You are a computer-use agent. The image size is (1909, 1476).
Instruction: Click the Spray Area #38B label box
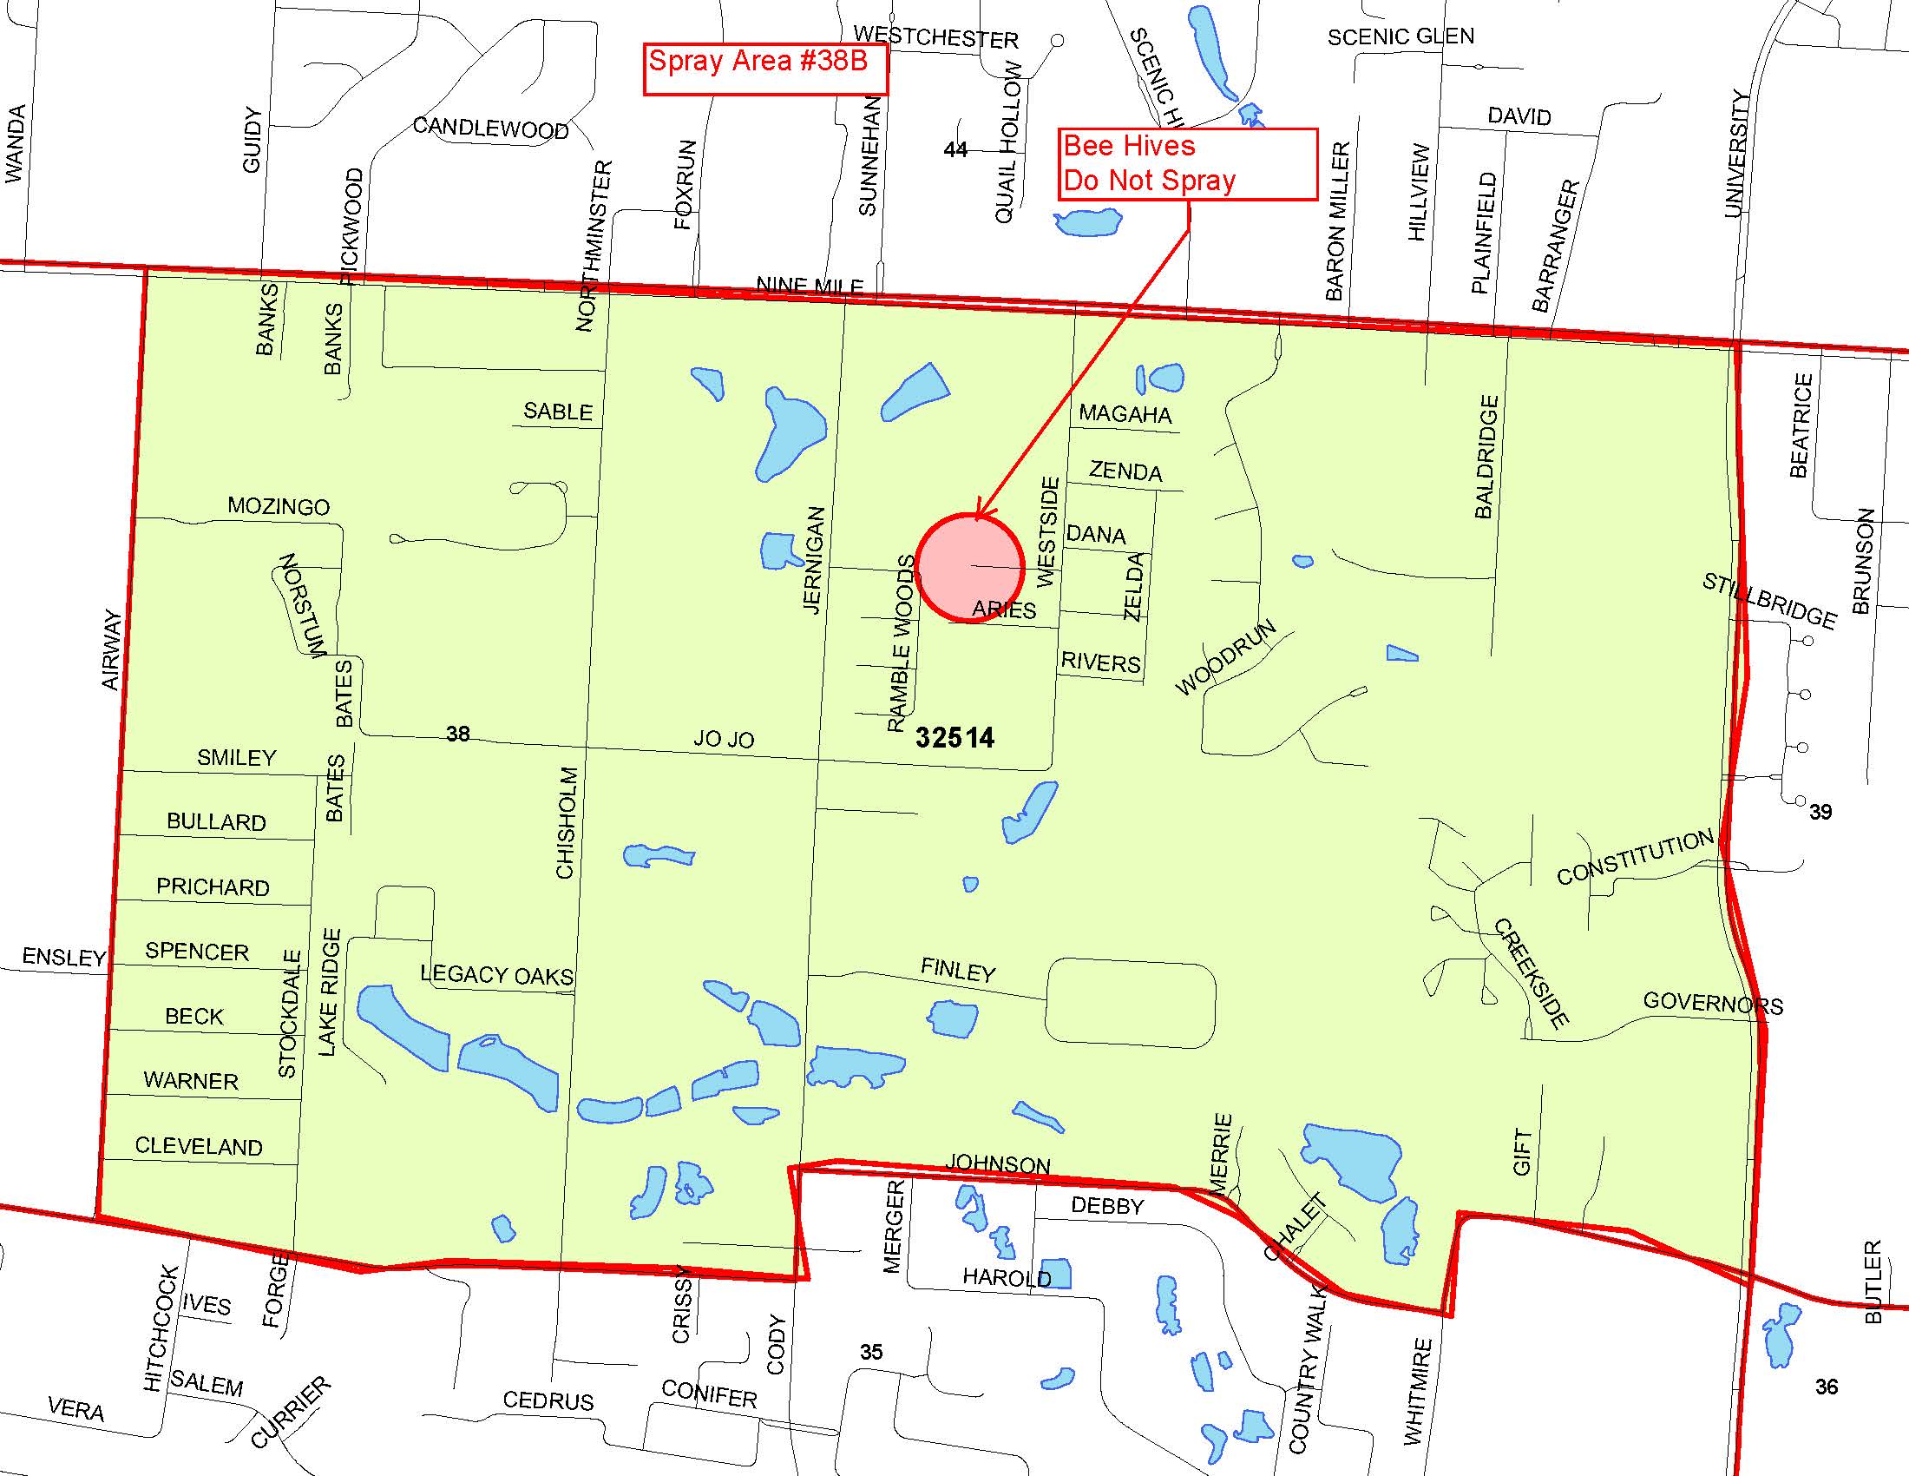764,69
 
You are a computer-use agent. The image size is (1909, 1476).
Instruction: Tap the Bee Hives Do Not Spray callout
1187,164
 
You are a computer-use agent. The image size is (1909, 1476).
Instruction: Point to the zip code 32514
954,738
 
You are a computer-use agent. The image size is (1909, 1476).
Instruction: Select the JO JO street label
724,739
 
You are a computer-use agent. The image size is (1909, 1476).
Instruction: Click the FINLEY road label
958,970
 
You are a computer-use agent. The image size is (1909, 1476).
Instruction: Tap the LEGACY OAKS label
496,975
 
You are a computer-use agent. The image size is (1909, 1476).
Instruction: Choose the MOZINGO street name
279,506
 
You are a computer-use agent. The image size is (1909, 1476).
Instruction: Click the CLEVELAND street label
199,1146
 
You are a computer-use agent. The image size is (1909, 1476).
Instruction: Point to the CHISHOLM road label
567,822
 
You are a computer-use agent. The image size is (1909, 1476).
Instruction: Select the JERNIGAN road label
814,560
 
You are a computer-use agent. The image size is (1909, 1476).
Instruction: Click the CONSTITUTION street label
1635,858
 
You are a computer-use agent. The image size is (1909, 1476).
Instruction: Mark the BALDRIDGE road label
1486,456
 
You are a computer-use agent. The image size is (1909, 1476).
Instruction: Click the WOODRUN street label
1225,657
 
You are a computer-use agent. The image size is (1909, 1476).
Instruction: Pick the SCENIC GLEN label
1401,36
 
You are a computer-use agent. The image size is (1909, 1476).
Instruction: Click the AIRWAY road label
112,649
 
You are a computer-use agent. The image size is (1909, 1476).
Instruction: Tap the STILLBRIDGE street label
1769,601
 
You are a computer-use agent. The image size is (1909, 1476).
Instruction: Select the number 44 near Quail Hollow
955,149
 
